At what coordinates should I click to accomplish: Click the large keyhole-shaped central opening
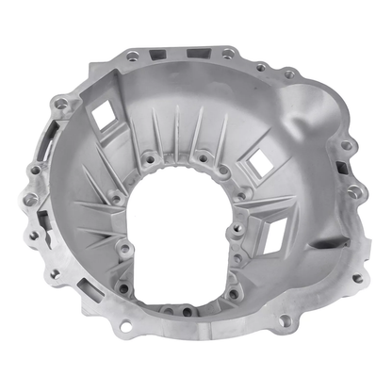(193, 247)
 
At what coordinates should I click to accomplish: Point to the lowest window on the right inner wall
(277, 229)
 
